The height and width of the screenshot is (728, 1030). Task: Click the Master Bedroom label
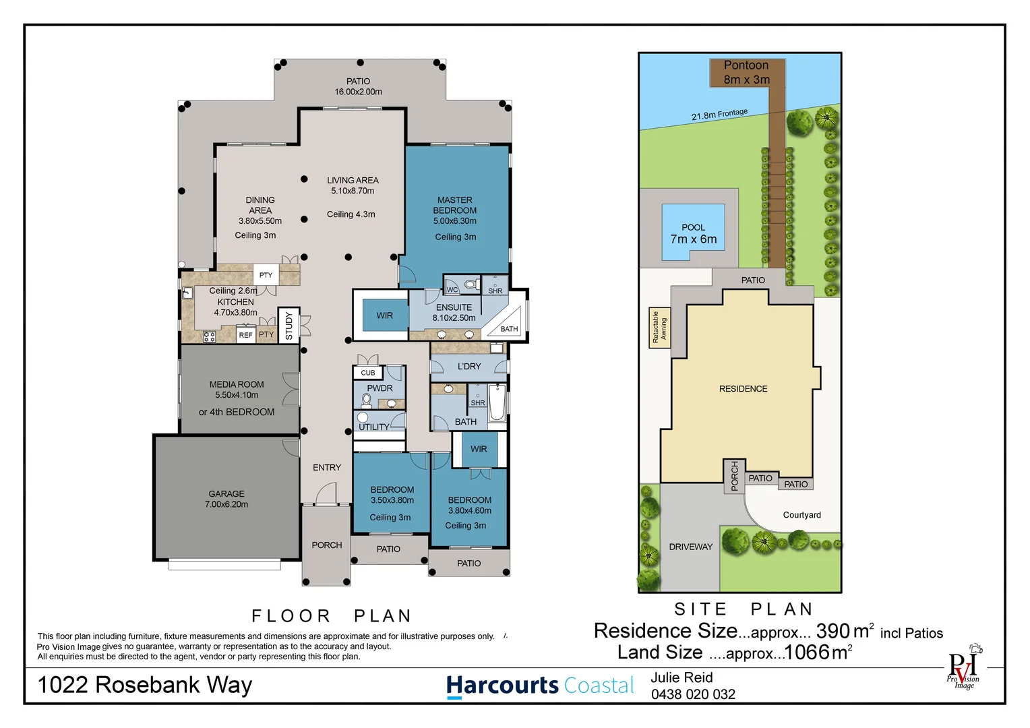(455, 211)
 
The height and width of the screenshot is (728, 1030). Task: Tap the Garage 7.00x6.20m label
(226, 499)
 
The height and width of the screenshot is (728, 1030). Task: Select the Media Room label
(237, 390)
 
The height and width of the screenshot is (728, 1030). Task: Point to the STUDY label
(289, 326)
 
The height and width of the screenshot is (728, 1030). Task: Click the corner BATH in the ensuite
(509, 329)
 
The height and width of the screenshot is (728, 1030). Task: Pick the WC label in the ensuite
(452, 290)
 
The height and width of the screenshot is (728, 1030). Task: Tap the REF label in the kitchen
(245, 335)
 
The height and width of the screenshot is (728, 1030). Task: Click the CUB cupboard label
(368, 373)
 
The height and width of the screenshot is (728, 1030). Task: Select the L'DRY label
(469, 367)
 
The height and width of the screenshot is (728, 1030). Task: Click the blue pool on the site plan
(693, 233)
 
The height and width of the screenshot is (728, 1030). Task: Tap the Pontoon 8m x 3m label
(746, 72)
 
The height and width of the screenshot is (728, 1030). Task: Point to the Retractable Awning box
(659, 328)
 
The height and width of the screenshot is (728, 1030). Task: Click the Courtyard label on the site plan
(801, 515)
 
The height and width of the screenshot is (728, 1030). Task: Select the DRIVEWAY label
(690, 547)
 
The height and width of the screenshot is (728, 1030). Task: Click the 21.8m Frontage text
(719, 115)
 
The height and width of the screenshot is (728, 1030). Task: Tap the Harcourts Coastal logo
(540, 686)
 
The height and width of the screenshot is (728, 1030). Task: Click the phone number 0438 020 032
(693, 694)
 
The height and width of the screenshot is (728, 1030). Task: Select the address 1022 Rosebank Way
(145, 685)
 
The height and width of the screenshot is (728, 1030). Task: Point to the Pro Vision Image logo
(964, 669)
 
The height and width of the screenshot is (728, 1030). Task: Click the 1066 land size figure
(807, 653)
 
